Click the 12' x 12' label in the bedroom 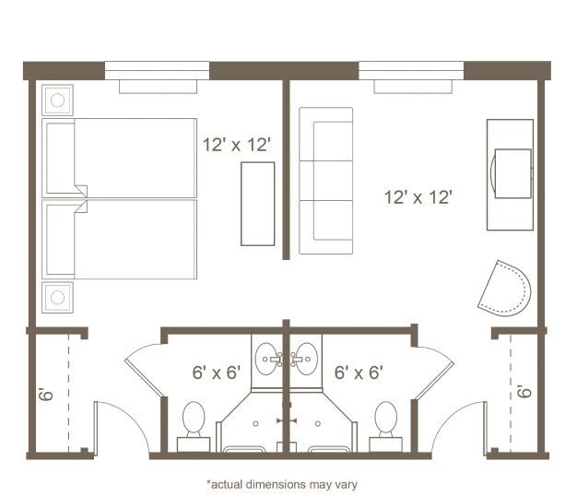point(237,145)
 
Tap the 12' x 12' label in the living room point(418,197)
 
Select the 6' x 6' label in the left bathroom point(217,373)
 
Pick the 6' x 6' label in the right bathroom point(359,373)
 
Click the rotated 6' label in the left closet point(46,394)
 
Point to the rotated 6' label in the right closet point(524,391)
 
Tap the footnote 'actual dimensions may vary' point(282,484)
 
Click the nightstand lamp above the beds point(57,101)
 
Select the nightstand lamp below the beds point(57,298)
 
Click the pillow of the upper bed point(61,159)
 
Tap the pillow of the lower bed point(61,240)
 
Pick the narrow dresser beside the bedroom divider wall point(257,204)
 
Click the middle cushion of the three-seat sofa point(326,181)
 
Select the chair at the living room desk point(512,173)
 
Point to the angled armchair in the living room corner point(504,289)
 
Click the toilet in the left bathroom point(194,426)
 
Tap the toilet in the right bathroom point(385,426)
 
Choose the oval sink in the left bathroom point(266,359)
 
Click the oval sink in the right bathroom point(307,359)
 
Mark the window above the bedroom point(157,71)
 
